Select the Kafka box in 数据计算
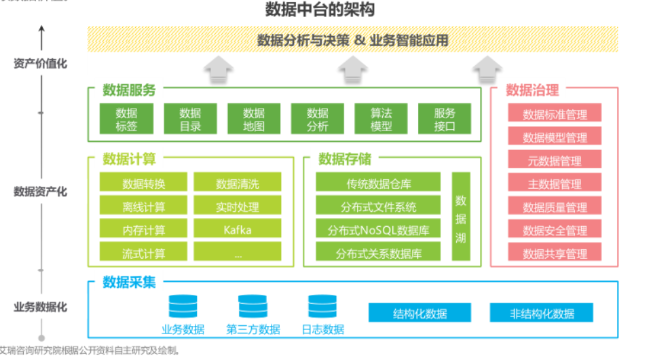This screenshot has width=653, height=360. point(237,230)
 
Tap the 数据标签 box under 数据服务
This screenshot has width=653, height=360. point(126,119)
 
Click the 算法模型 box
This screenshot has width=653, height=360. point(381,119)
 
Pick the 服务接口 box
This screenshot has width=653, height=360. point(445,119)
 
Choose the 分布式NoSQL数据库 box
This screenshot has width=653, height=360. point(378,230)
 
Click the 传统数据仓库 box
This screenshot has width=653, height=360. point(378,183)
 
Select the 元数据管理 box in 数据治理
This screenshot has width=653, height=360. point(555,160)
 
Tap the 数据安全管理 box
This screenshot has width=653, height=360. point(555,230)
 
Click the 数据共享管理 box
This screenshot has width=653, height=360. point(555,253)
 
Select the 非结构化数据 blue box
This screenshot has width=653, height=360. point(542,313)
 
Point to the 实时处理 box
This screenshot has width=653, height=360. point(237,206)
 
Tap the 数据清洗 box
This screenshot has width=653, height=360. point(237,183)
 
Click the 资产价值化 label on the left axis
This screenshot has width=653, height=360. point(41,64)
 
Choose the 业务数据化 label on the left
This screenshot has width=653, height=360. point(41,306)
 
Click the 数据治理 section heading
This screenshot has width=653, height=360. point(532,90)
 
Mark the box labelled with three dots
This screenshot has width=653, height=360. point(237,253)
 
